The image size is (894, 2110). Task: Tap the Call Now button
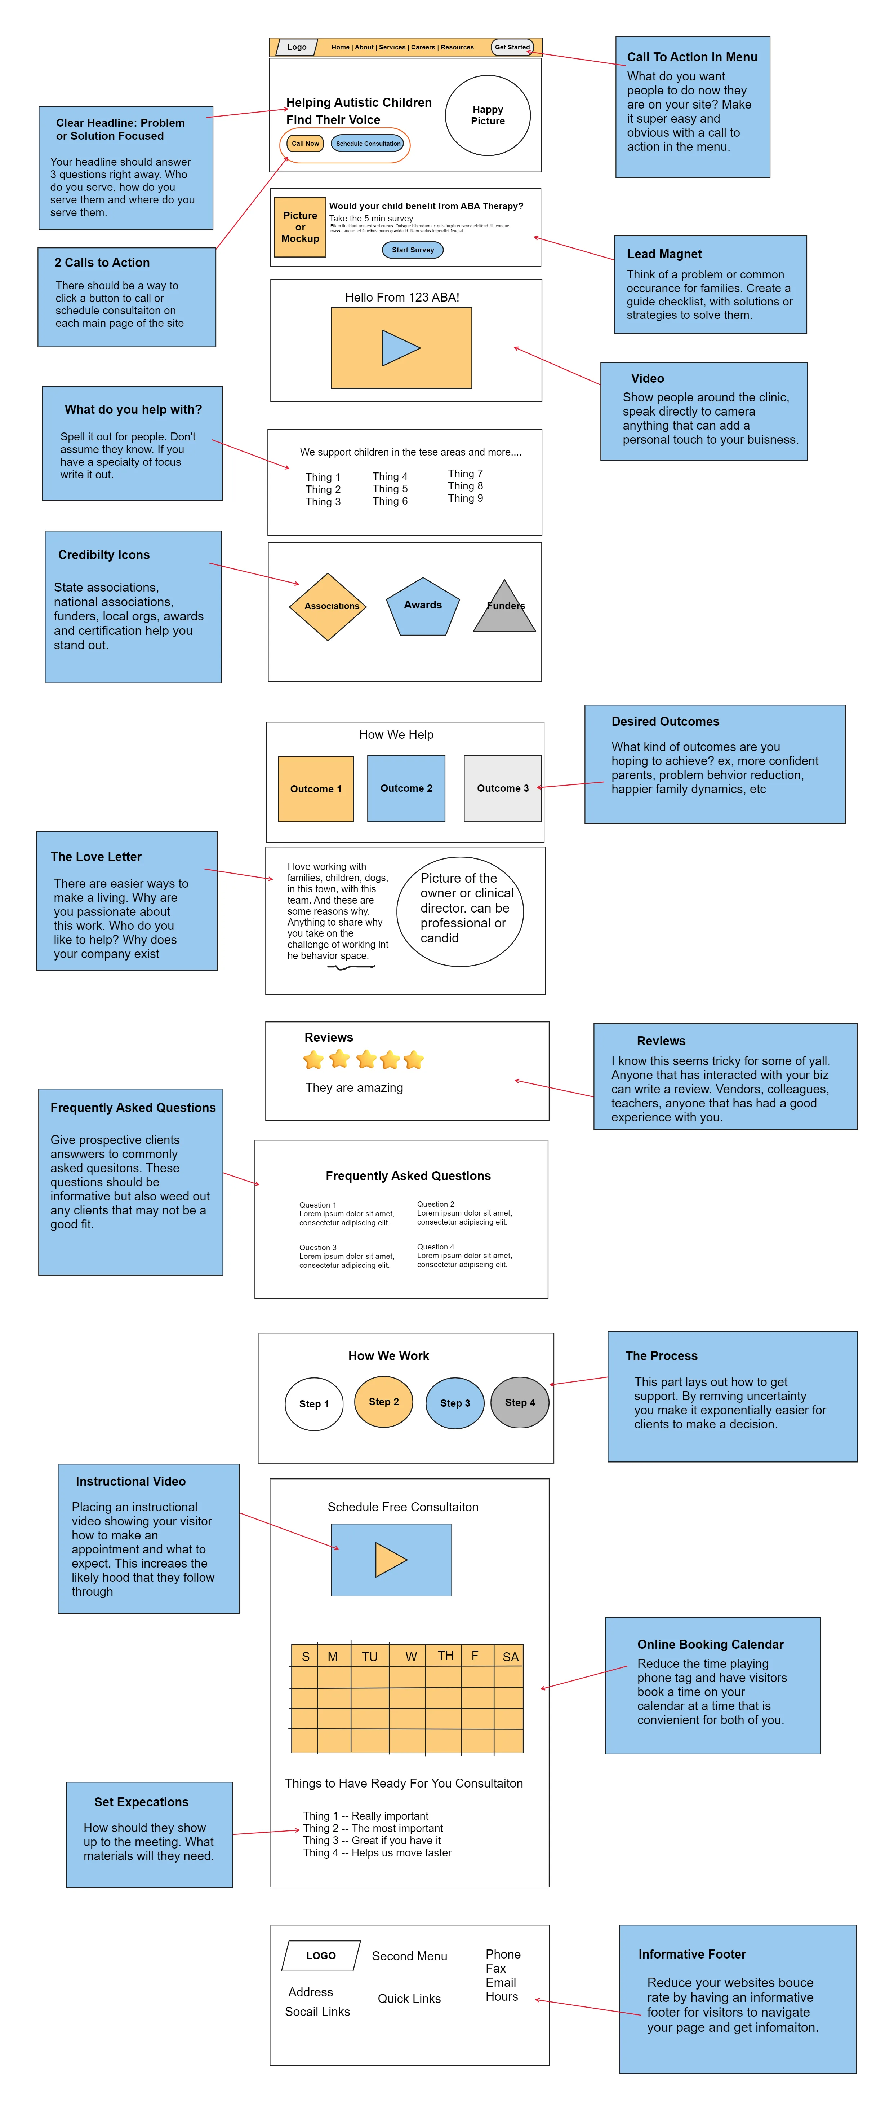[305, 143]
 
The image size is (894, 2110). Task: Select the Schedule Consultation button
[368, 143]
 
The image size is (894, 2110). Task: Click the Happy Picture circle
[488, 115]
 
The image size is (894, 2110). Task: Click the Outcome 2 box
[406, 788]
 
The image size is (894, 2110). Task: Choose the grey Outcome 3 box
[503, 788]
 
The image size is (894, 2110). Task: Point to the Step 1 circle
[313, 1404]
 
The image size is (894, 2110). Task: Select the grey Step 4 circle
[520, 1402]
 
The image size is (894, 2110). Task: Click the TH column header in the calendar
[445, 1656]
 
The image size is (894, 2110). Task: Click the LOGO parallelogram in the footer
[321, 1956]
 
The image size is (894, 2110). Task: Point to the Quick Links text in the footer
[409, 1999]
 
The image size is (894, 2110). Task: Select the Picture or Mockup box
[300, 227]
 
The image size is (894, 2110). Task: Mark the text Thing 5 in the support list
[390, 489]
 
